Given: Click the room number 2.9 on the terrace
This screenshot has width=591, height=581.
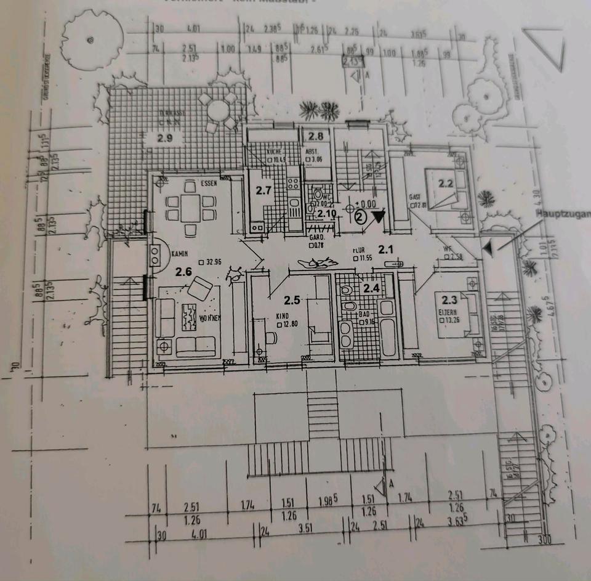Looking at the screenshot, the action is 164,138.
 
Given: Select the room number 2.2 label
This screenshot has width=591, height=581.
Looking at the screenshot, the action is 446,182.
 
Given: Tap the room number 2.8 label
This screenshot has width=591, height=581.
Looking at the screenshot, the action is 316,136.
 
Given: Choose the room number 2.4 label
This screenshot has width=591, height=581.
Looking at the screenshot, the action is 371,288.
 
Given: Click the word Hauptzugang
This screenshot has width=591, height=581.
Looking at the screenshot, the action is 563,214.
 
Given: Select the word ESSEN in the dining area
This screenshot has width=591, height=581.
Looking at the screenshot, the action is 209,184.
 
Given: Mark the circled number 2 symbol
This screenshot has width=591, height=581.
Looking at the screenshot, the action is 361,216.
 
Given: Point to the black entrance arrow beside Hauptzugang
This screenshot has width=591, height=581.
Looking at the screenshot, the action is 487,248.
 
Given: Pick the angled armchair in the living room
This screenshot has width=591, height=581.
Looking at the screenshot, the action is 201,288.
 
